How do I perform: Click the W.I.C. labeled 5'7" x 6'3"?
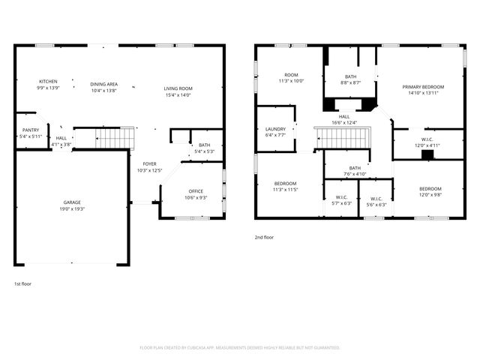coord(341,201)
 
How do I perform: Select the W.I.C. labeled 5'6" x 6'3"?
coord(376,201)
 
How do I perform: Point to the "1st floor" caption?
coord(23,284)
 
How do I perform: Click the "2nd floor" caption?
coord(264,237)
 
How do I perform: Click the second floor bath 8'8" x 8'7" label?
coord(350,79)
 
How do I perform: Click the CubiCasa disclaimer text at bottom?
coord(240,348)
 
